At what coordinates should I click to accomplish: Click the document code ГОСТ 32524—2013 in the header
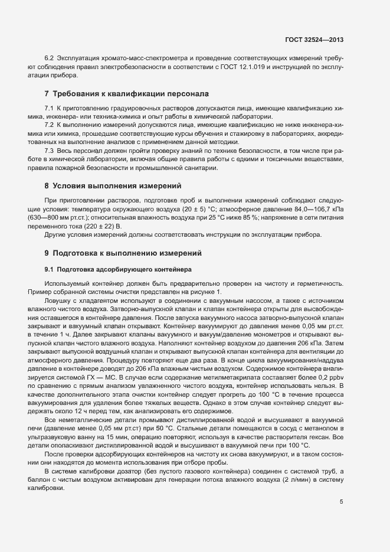314,40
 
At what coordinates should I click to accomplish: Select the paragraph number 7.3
49,151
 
